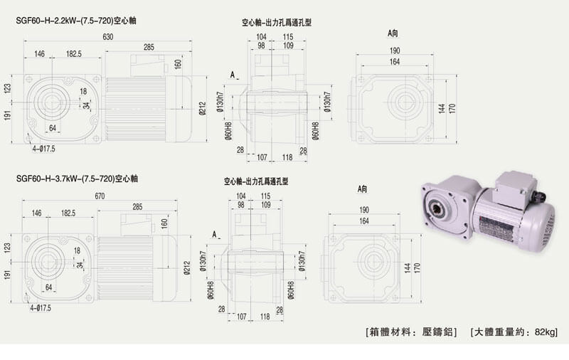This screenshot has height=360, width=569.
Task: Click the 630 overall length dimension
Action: [107, 37]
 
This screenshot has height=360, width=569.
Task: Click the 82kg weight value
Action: [544, 332]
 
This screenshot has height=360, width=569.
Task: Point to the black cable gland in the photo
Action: [538, 194]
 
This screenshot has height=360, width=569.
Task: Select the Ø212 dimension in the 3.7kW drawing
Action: [186, 268]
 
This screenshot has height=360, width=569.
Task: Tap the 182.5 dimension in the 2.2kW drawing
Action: [74, 54]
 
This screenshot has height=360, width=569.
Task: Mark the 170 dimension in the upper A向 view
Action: [452, 109]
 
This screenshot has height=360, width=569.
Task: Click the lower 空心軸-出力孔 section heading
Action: [256, 181]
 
